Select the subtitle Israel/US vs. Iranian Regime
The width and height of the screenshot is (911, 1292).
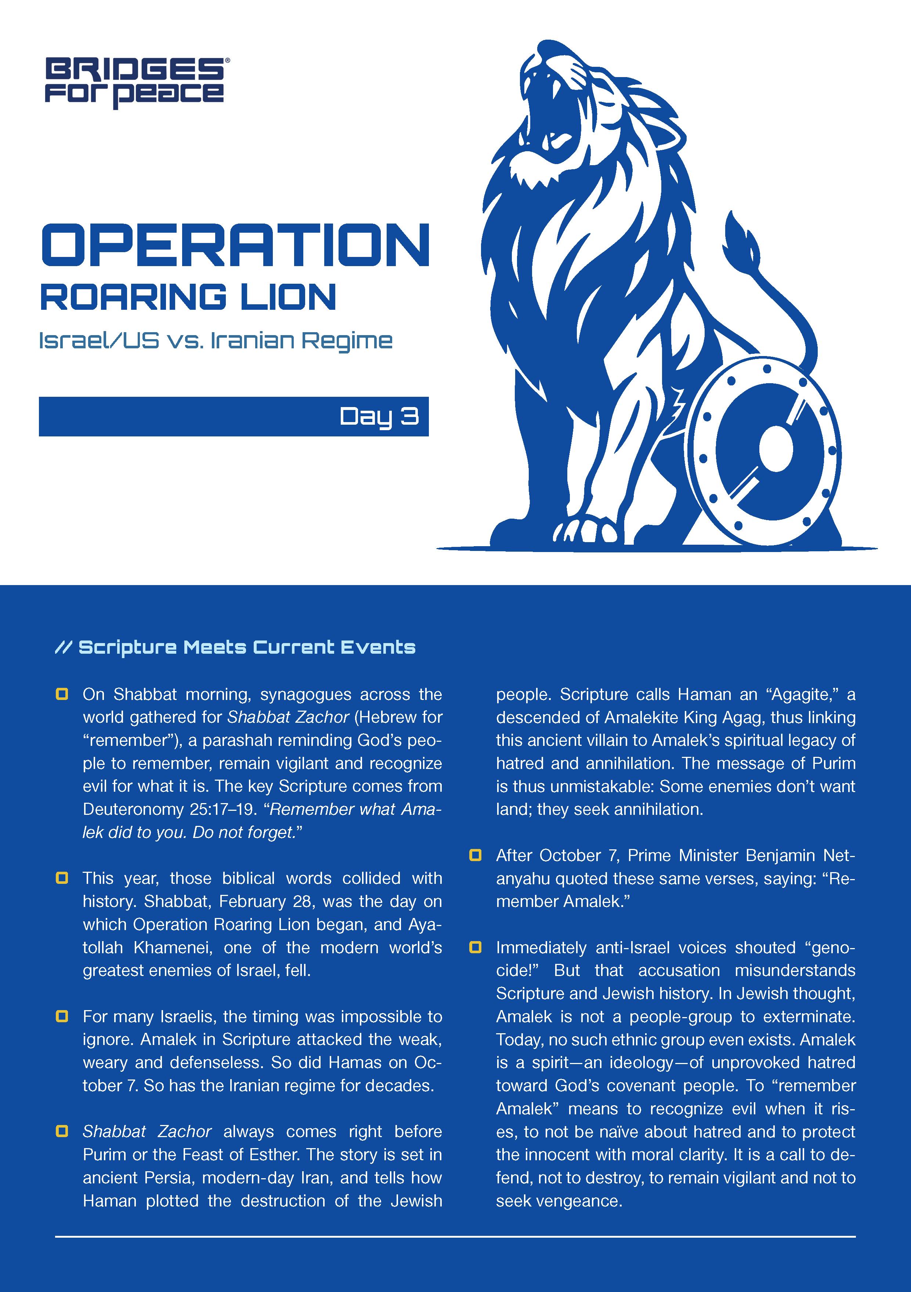coord(215,341)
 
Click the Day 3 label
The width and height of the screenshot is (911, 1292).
coord(379,416)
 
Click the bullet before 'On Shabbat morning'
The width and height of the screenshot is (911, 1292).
coord(62,694)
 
